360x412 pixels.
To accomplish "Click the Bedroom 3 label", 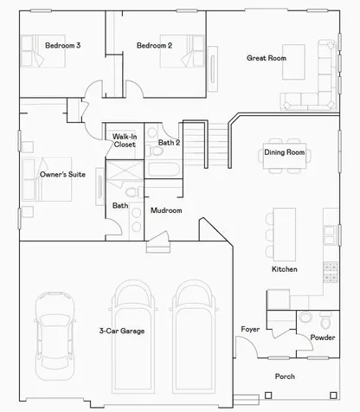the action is [62, 45].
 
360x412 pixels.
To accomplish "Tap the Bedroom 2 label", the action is [154, 45].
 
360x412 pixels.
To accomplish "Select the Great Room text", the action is [267, 58].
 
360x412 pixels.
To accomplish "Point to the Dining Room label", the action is [285, 152].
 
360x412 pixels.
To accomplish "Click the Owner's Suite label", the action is [62, 174].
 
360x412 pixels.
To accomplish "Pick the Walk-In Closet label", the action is [125, 140].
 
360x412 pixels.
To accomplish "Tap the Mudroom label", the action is [166, 210].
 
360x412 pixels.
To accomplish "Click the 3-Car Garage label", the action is [122, 331].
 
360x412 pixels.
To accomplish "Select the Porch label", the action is [285, 377].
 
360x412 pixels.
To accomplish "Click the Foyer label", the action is [250, 329].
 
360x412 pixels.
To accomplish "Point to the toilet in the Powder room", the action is [326, 321].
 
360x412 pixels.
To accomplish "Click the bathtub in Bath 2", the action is [164, 170].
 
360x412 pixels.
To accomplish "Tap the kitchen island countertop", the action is [285, 235].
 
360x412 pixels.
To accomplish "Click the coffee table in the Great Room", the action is [293, 61].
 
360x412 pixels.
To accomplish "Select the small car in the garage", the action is [55, 336].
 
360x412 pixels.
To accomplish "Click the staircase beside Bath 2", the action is [206, 144].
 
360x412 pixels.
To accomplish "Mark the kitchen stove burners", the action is [331, 273].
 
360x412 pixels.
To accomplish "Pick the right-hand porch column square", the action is [333, 395].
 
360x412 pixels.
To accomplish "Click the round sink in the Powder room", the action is [305, 318].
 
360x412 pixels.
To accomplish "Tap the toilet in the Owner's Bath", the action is [133, 192].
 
